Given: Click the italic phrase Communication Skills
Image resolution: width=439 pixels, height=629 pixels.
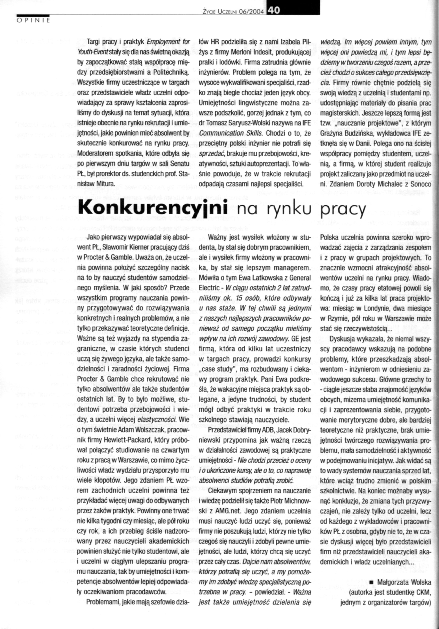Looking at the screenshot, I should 231,133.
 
